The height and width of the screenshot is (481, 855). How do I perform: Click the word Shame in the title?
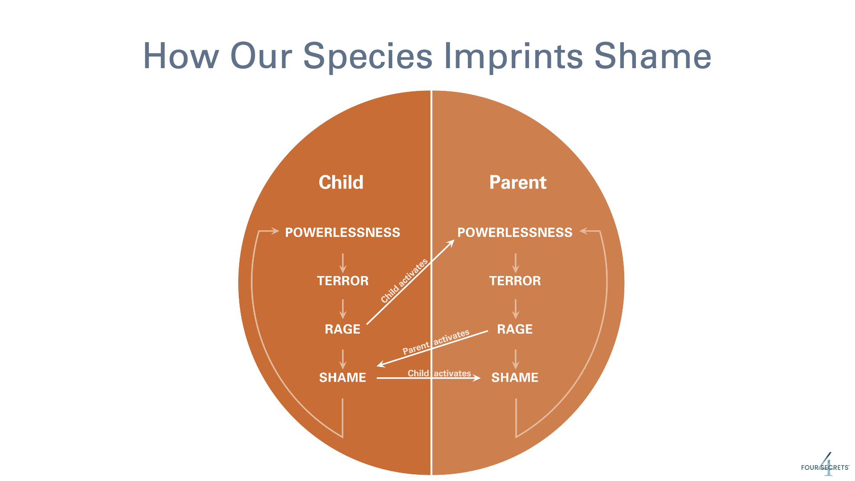click(653, 56)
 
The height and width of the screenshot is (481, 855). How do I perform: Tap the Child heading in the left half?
click(341, 182)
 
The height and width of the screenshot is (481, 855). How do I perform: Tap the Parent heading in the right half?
click(518, 182)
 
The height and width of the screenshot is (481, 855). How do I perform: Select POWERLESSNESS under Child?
click(342, 232)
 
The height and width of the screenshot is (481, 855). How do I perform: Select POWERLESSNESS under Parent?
click(515, 232)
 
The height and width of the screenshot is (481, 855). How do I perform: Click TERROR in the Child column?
click(343, 281)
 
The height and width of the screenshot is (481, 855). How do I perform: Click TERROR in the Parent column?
click(515, 281)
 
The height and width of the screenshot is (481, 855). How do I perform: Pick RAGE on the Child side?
click(342, 329)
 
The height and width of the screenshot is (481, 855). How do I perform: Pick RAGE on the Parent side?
click(515, 329)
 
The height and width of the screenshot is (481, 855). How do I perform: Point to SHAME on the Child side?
click(342, 378)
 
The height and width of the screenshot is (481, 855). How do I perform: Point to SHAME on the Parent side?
click(515, 378)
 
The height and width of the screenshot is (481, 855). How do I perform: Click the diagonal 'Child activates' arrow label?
click(404, 281)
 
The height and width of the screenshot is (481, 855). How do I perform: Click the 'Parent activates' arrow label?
click(436, 342)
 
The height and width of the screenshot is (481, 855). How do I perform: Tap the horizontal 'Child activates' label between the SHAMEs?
click(440, 373)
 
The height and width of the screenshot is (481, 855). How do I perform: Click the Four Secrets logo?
click(825, 465)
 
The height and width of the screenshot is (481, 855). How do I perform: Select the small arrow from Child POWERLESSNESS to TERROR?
click(342, 263)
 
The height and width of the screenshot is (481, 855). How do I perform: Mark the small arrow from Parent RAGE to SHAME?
click(516, 359)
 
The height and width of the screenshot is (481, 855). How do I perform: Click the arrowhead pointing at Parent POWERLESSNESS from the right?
click(584, 231)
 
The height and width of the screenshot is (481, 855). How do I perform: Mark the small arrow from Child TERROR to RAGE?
click(342, 309)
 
